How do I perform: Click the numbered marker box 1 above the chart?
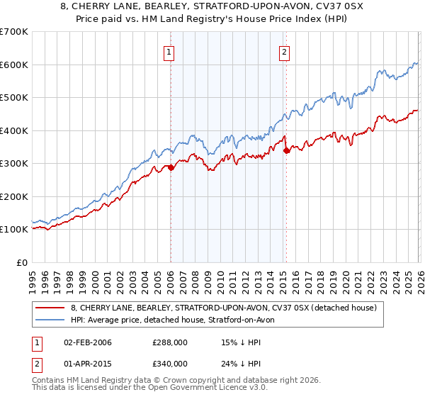coord(170,51)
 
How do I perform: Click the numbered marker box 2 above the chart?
coord(284,51)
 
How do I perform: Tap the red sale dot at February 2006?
coord(171,167)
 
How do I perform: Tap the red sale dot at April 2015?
coord(286,150)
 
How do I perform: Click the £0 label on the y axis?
coord(21,262)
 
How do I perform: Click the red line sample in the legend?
coord(50,308)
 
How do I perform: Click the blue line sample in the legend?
coord(50,320)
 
